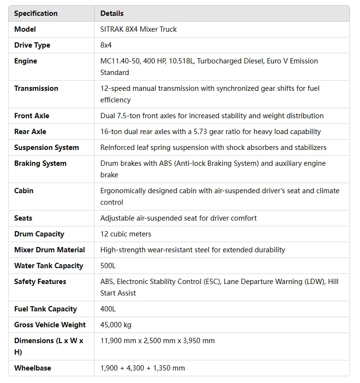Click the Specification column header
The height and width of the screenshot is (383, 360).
(x=36, y=13)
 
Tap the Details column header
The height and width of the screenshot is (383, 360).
(x=112, y=13)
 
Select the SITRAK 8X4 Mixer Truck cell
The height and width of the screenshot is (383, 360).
(x=138, y=29)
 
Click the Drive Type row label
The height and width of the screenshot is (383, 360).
(x=32, y=45)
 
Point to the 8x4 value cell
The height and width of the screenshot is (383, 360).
(x=106, y=45)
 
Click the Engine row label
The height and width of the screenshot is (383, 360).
(x=25, y=61)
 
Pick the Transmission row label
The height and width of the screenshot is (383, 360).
(x=36, y=88)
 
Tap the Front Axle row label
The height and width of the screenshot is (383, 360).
(x=32, y=116)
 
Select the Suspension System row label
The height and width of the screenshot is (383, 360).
(x=47, y=148)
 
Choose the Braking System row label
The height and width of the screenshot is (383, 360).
(x=40, y=163)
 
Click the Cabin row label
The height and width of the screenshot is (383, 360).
(x=24, y=191)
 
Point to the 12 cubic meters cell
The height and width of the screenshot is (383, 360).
(x=126, y=234)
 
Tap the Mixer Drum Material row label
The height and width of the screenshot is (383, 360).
(x=49, y=250)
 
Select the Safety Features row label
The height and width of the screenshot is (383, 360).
(x=40, y=282)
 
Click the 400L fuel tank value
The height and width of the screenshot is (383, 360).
(x=108, y=309)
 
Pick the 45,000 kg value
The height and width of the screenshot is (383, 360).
(x=116, y=325)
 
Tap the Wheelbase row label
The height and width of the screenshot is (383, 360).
(x=33, y=368)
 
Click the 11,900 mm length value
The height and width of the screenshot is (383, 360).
(x=118, y=341)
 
